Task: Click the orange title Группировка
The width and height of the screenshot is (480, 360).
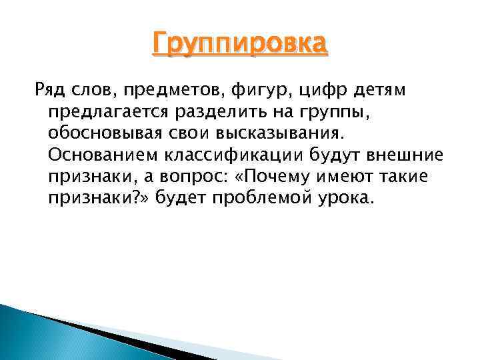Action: tap(240, 45)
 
